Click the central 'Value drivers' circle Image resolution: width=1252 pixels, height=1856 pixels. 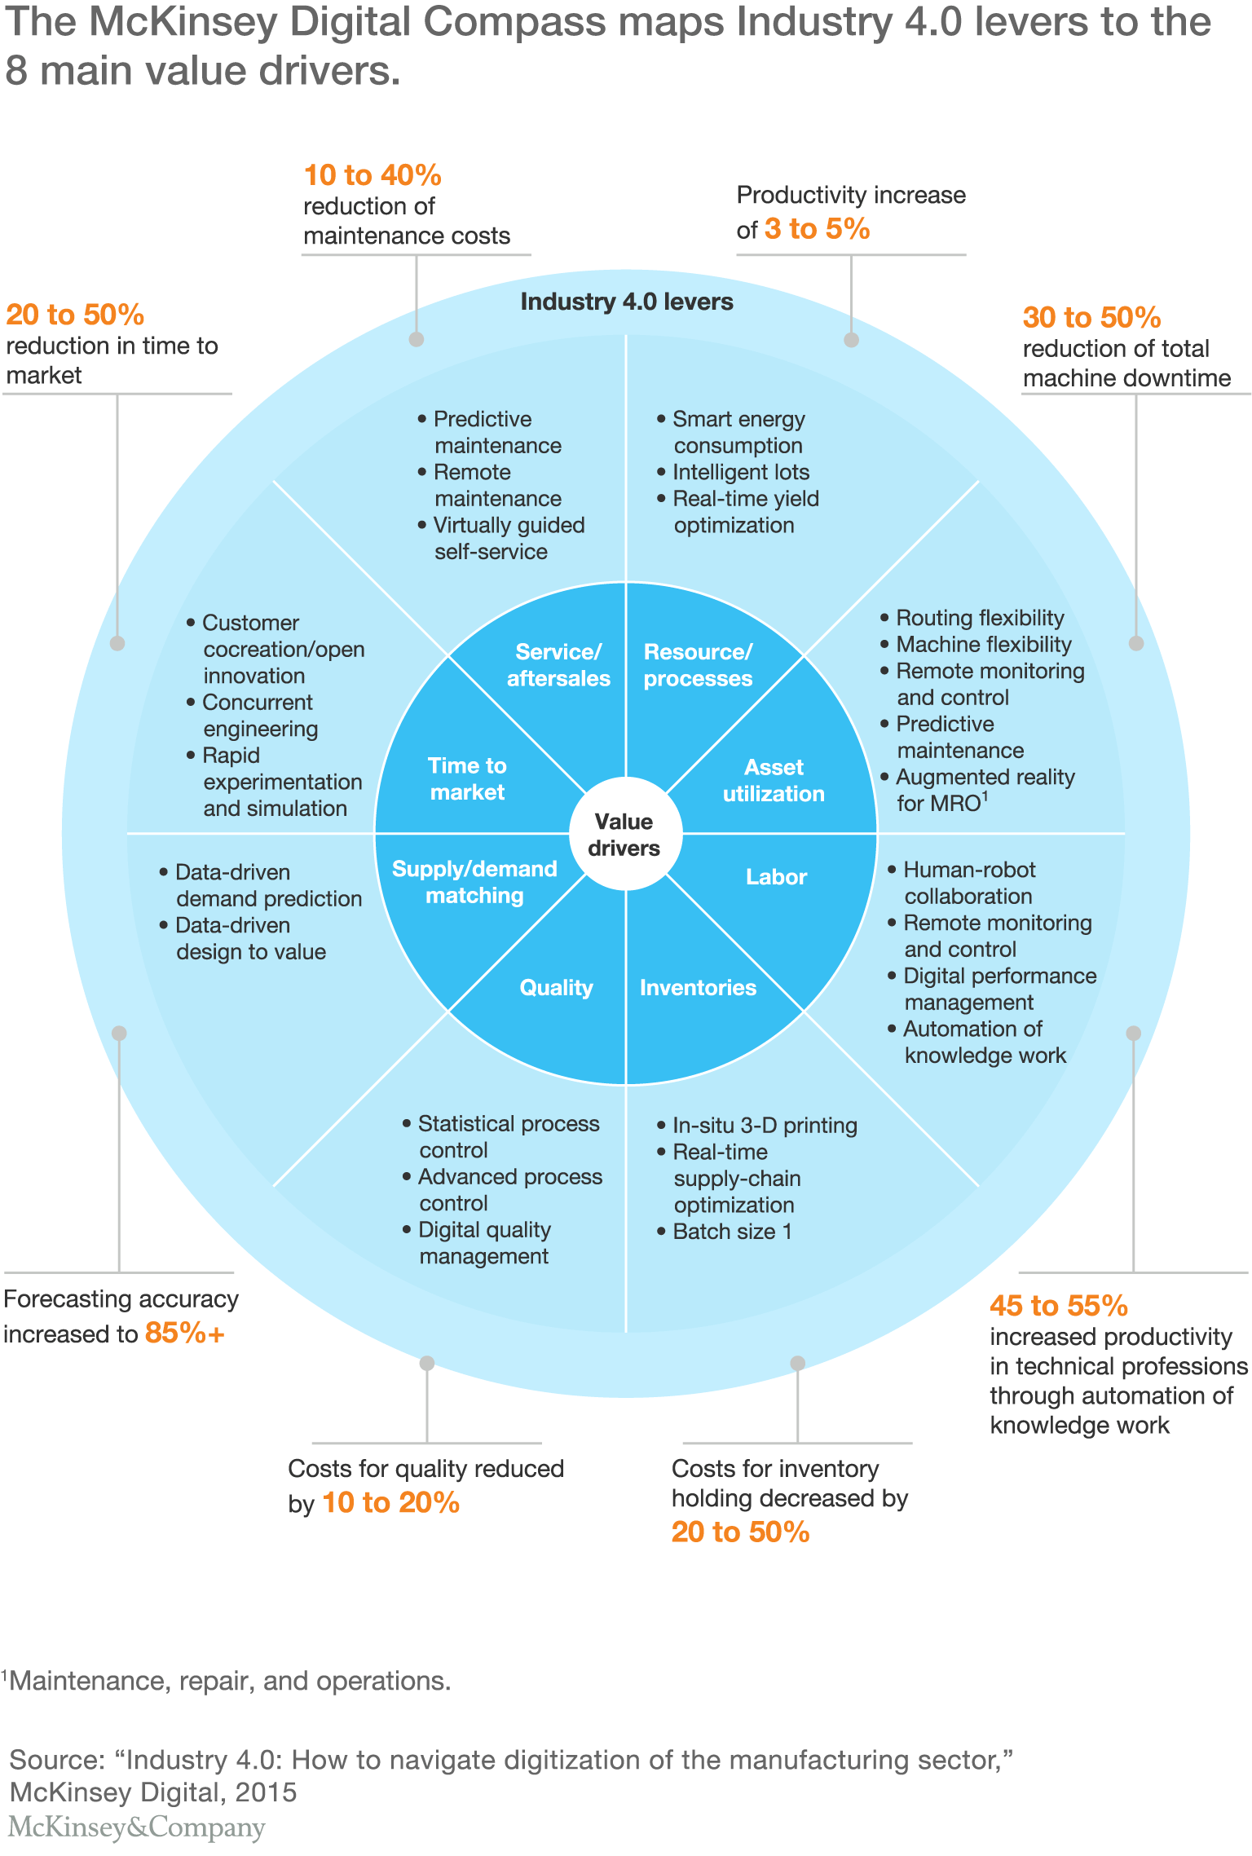click(625, 834)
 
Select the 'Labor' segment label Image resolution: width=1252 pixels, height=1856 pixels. click(776, 877)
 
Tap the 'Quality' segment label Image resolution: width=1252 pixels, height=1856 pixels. click(557, 988)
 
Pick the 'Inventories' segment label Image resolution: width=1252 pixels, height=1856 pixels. click(698, 988)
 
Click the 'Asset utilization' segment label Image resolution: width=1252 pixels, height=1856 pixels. click(774, 780)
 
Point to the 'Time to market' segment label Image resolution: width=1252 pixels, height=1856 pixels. click(467, 778)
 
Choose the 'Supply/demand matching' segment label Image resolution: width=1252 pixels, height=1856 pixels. click(474, 882)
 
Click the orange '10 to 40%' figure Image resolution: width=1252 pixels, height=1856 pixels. click(373, 175)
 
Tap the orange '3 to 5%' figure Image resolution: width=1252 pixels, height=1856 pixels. click(817, 229)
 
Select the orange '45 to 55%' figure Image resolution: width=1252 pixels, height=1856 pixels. click(1058, 1306)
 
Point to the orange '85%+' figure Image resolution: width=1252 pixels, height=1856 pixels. click(184, 1333)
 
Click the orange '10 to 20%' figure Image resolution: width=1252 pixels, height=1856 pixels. click(391, 1502)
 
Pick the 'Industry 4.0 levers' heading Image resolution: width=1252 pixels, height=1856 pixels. click(627, 302)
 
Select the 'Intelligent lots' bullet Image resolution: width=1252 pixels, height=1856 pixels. click(740, 472)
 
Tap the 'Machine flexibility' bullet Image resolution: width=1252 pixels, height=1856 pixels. click(983, 644)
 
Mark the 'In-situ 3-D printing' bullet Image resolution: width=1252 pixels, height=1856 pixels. click(765, 1126)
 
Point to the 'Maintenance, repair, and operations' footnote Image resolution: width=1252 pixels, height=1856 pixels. click(228, 1680)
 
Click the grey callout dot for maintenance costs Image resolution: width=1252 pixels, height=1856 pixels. click(417, 340)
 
